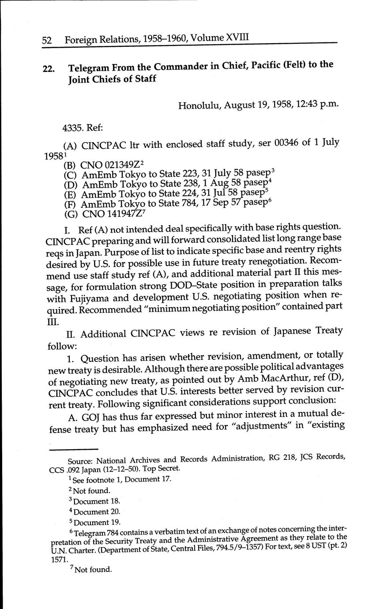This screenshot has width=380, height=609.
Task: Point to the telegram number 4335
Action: [73, 128]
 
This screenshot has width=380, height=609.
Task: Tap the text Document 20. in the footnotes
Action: [96, 512]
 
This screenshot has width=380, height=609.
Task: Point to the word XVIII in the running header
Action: [237, 38]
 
